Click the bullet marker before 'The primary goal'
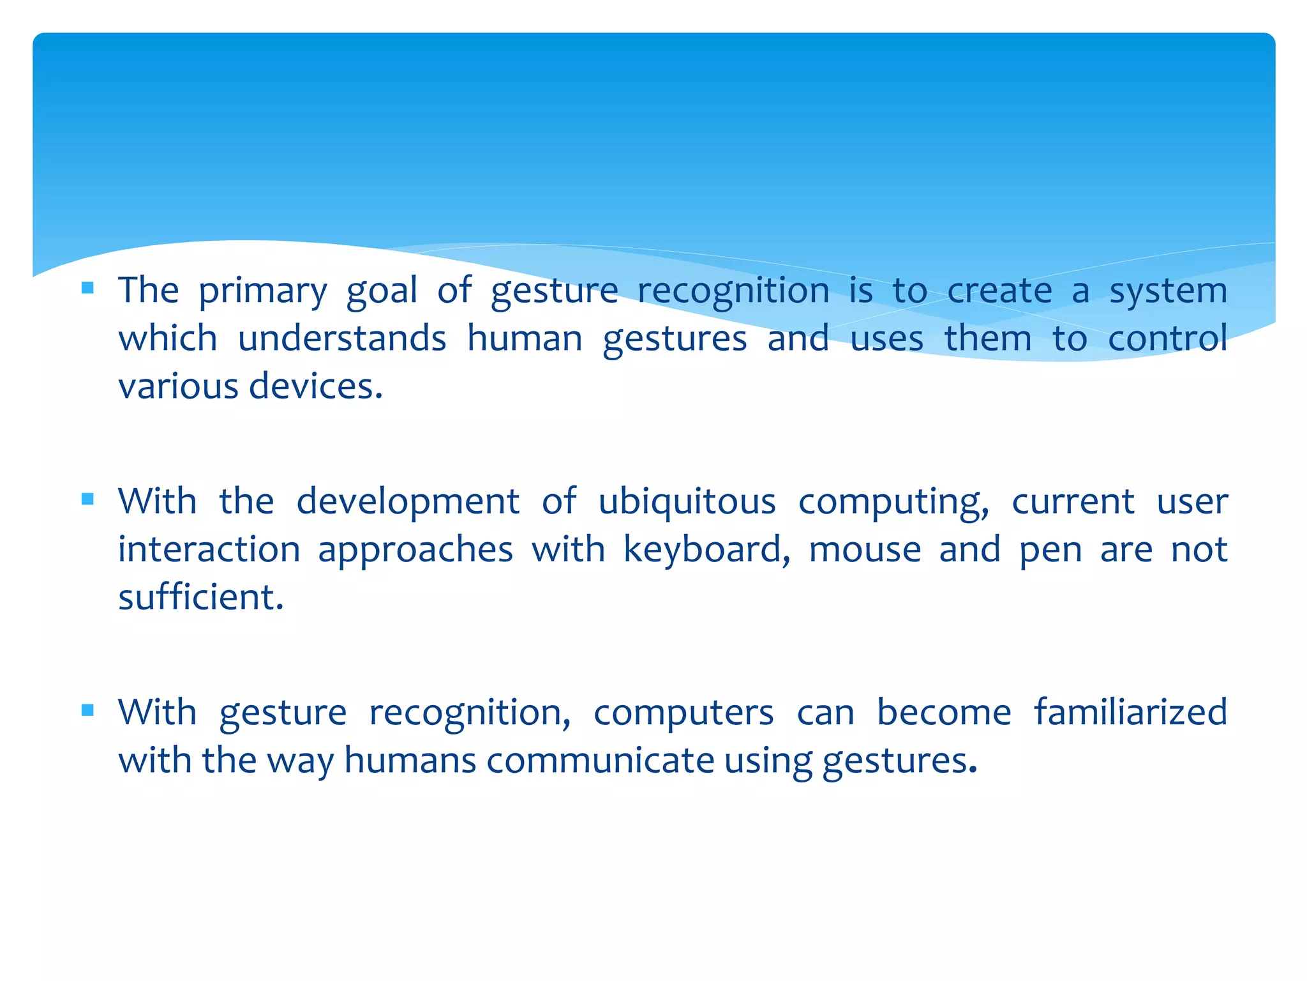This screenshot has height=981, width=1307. [88, 288]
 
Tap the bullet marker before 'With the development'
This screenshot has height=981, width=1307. [88, 499]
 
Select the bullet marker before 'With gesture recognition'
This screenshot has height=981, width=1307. [88, 710]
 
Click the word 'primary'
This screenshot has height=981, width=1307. [262, 292]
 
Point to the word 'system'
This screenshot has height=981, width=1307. [1168, 292]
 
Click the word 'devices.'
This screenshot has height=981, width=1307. [316, 386]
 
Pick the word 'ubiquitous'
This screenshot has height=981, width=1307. [687, 502]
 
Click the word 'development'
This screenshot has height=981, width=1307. [408, 502]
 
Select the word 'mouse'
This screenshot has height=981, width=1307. [865, 549]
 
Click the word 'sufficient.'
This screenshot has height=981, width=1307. [201, 597]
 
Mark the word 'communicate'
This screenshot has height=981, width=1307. [600, 760]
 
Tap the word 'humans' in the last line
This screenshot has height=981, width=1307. [410, 760]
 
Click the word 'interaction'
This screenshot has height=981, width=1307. [209, 549]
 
